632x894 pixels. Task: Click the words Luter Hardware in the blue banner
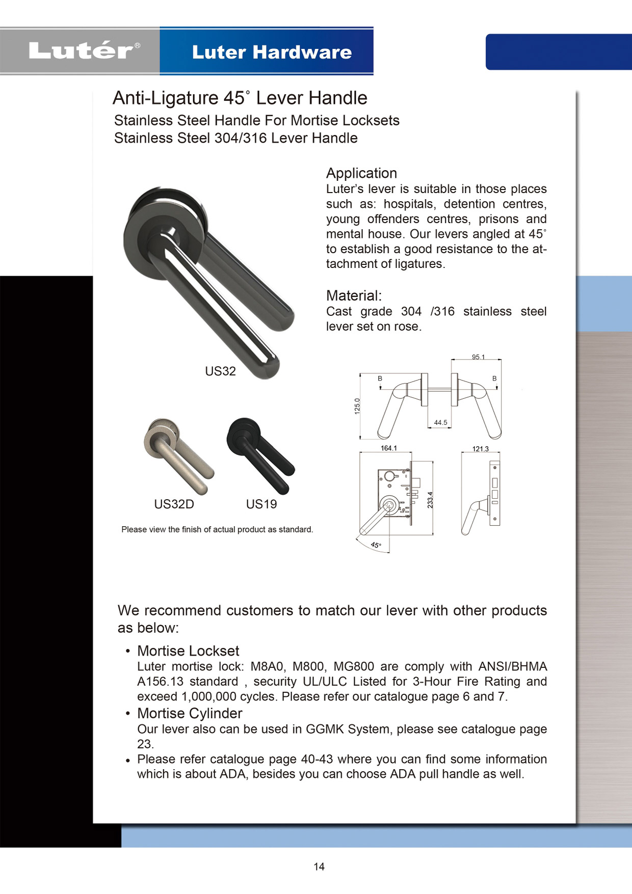pyautogui.click(x=272, y=52)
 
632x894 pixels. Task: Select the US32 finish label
pyautogui.click(x=220, y=371)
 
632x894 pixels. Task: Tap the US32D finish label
pyautogui.click(x=174, y=504)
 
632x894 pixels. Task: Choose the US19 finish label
pyautogui.click(x=261, y=504)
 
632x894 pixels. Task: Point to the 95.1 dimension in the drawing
pyautogui.click(x=478, y=357)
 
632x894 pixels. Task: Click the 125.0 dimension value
pyautogui.click(x=357, y=406)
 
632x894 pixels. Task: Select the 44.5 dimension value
pyautogui.click(x=440, y=423)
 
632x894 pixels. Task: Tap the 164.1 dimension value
pyautogui.click(x=388, y=448)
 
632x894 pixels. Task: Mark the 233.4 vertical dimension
pyautogui.click(x=430, y=500)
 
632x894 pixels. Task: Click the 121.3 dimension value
pyautogui.click(x=480, y=449)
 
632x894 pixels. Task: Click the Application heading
pyautogui.click(x=361, y=173)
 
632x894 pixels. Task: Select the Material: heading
pyautogui.click(x=354, y=295)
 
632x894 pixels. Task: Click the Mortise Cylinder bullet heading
pyautogui.click(x=190, y=713)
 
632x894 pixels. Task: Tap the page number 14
pyautogui.click(x=319, y=866)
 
